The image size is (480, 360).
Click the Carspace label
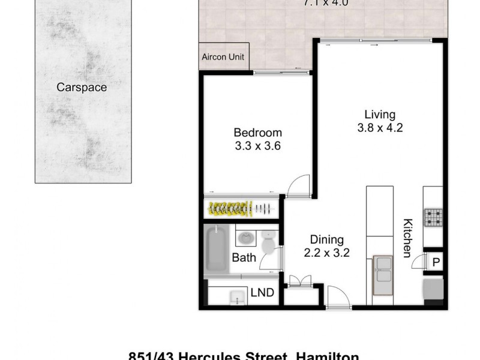[82, 88]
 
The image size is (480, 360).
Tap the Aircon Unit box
[224, 57]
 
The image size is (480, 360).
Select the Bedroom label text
[257, 133]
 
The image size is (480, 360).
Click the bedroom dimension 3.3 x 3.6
[257, 145]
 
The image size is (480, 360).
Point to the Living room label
[380, 115]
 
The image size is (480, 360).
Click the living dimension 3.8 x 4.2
[380, 127]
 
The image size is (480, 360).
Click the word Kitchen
[407, 238]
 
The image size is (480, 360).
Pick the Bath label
[244, 258]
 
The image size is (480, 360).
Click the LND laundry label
[262, 293]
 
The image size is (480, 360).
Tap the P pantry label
[436, 262]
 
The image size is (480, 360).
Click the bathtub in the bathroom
[216, 248]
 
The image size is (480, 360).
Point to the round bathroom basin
[245, 238]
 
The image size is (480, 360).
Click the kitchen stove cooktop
[433, 218]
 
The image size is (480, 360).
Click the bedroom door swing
[298, 187]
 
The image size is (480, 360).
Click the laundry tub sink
[238, 296]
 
